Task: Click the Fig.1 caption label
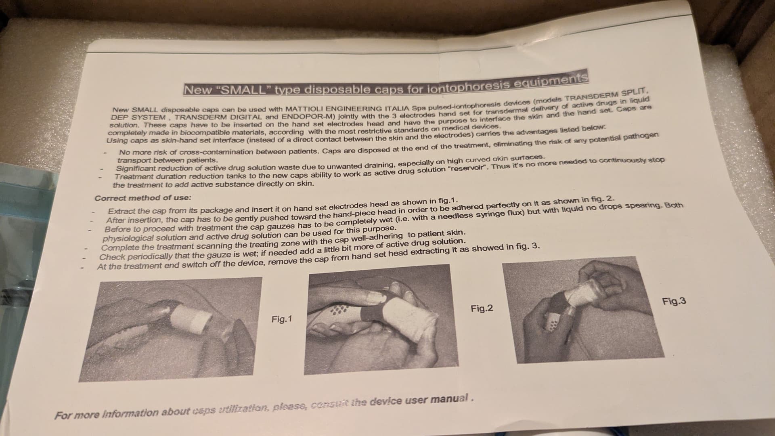click(x=281, y=319)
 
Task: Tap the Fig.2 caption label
click(x=482, y=309)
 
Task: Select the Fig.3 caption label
click(x=674, y=301)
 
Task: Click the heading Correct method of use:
click(x=143, y=198)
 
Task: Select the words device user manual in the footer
click(x=420, y=400)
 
